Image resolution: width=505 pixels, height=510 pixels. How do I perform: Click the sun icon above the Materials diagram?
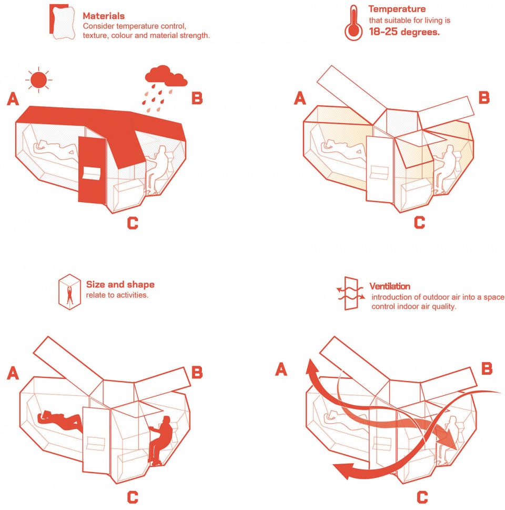39,80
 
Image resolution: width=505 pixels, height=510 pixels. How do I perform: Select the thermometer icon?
353,23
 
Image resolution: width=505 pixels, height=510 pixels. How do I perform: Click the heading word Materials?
104,16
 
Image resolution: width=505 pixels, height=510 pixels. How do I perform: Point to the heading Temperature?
397,9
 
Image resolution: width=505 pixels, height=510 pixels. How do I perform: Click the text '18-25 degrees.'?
404,32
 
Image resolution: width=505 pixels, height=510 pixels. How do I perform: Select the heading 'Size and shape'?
120,284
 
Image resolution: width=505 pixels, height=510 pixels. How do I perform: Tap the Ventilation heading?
390,286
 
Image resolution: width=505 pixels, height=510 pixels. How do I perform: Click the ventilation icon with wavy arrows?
350,293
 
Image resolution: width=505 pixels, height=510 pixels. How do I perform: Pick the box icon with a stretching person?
69,292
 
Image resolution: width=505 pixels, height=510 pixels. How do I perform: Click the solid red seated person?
160,439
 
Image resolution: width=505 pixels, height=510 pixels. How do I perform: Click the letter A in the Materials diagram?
13,99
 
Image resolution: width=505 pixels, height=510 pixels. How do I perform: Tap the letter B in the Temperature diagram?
484,97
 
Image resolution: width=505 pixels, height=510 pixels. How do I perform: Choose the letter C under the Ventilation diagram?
422,497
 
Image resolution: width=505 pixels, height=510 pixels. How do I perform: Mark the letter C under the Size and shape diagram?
133,497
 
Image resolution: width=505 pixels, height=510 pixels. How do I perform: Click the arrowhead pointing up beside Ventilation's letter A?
309,366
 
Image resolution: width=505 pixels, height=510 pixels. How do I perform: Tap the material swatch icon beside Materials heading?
62,22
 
